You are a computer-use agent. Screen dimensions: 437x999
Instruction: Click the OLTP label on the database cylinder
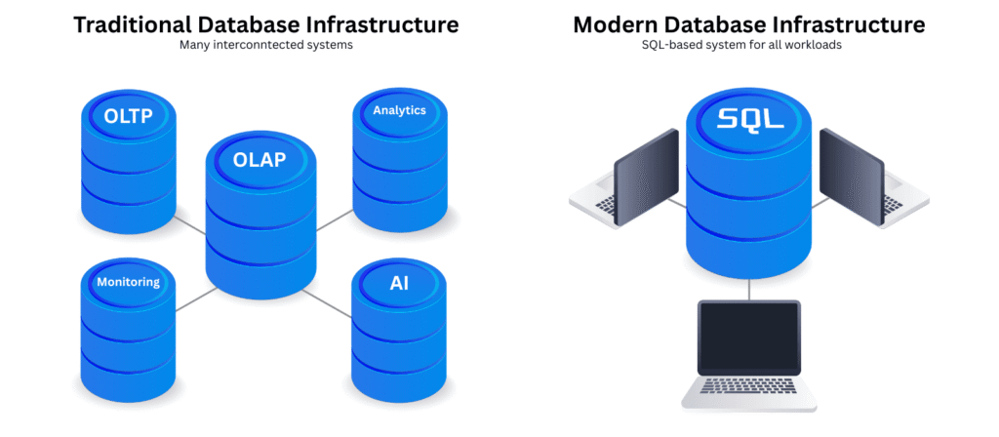pos(128,116)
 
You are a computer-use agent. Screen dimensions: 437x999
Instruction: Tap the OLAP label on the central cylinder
pos(260,160)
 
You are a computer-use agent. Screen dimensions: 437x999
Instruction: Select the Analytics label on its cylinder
pos(399,110)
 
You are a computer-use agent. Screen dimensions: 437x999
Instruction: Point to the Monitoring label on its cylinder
pos(128,283)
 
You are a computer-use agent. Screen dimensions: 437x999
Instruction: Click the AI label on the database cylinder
pos(399,283)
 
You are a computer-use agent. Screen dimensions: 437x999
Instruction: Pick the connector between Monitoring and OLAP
pos(193,298)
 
